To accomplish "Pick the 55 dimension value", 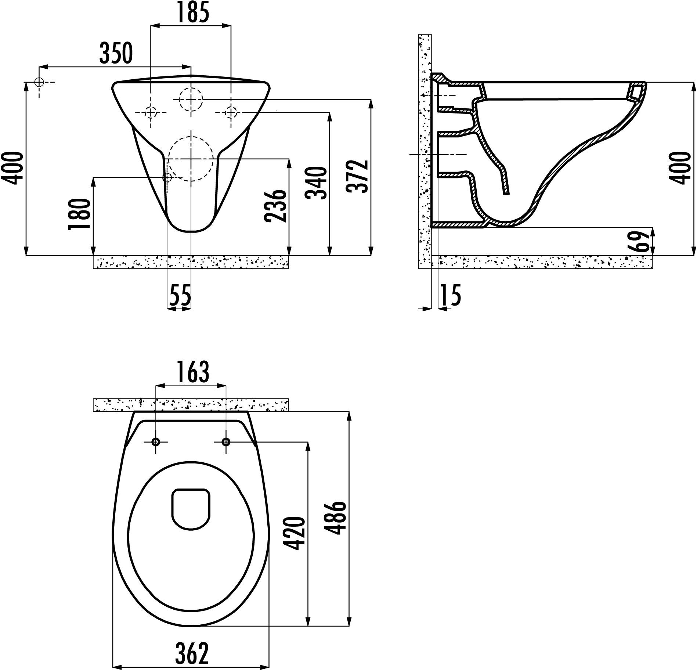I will click(180, 295).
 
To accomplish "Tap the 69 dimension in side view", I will click(640, 241).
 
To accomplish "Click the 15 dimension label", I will click(450, 295).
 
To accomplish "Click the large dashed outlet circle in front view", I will click(191, 159).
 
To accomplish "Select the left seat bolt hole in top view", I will click(156, 442).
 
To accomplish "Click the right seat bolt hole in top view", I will click(226, 442).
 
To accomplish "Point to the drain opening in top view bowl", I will click(191, 509).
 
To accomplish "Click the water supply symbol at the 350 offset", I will click(39, 82).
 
